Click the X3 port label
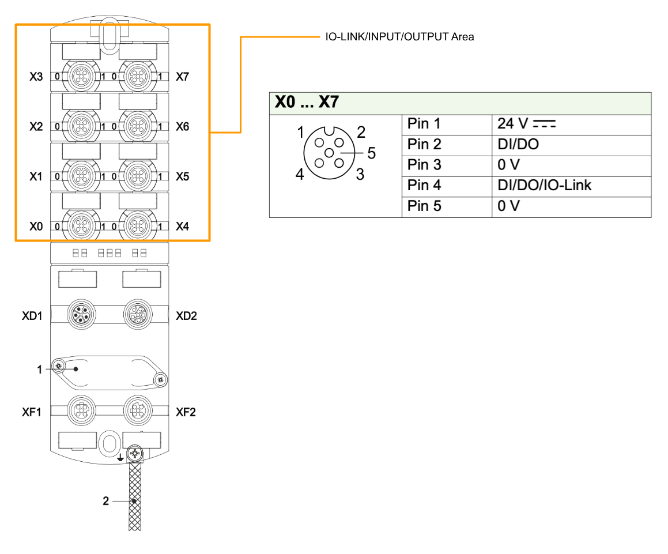click(36, 76)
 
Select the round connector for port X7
click(137, 76)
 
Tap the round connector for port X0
click(79, 225)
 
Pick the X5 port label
click(182, 176)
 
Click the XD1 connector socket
click(79, 315)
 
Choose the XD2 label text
click(186, 316)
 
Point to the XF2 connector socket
click(137, 410)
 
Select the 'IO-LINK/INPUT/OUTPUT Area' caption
click(399, 37)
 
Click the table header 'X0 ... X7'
click(307, 103)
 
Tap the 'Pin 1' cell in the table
click(424, 124)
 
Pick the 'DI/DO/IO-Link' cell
click(544, 186)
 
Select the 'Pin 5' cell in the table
click(424, 206)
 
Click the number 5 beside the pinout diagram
click(371, 153)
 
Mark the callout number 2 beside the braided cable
click(105, 502)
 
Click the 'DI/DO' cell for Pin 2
click(518, 144)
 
